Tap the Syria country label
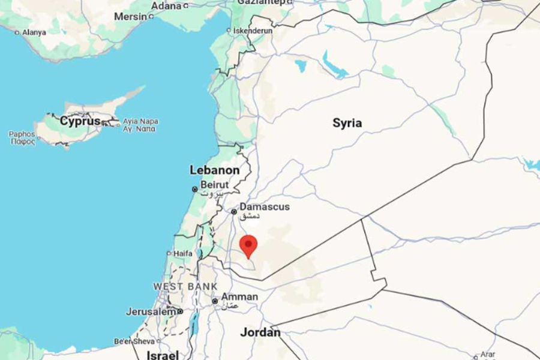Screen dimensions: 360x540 [347, 123]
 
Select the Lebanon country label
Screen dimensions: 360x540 [214, 170]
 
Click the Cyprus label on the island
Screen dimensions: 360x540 [80, 121]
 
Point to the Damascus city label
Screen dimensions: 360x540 [265, 207]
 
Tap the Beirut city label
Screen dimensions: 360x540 [215, 185]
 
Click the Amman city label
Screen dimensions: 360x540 [239, 297]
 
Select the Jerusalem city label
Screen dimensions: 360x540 [151, 311]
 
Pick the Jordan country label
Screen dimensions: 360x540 [260, 332]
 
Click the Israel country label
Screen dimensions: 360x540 [163, 355]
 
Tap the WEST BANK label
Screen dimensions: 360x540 [185, 286]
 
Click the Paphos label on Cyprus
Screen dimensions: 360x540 [22, 134]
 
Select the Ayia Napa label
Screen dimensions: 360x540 [140, 121]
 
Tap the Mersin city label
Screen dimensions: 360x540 [130, 17]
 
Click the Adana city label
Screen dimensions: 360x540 [167, 5]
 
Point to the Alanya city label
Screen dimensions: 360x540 [34, 32]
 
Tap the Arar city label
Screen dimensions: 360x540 [487, 354]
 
